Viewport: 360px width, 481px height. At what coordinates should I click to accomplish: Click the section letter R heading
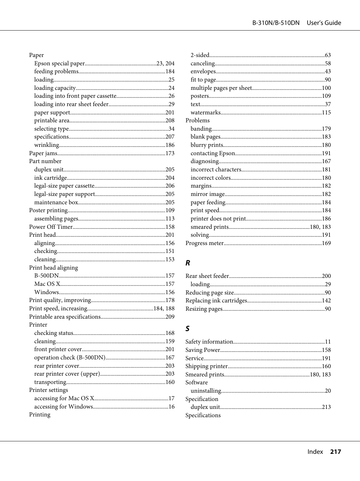click(188, 263)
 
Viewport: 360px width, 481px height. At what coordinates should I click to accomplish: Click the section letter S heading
click(188, 329)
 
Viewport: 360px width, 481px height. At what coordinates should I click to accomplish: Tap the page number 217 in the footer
click(335, 452)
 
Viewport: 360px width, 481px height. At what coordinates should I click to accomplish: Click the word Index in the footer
click(315, 452)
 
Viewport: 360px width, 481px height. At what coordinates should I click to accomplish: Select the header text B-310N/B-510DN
click(275, 23)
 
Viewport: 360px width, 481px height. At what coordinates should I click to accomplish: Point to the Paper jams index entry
click(43, 153)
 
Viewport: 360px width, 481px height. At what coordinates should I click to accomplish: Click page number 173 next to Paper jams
click(170, 153)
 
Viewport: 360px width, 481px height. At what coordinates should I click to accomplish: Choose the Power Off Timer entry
click(51, 227)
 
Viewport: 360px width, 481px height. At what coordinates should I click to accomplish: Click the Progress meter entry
click(205, 243)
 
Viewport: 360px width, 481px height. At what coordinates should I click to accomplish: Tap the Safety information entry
click(209, 342)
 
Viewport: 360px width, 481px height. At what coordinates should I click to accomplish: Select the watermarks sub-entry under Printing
click(206, 113)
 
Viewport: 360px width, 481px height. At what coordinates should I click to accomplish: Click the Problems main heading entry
click(197, 120)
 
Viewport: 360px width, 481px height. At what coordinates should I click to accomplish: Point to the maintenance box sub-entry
click(56, 202)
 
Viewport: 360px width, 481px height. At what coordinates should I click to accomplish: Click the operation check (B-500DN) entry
click(70, 358)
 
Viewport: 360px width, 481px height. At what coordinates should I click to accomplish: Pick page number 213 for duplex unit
click(326, 407)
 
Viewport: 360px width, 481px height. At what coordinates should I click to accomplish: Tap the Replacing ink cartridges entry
click(216, 301)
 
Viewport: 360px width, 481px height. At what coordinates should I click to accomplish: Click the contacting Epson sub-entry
click(213, 153)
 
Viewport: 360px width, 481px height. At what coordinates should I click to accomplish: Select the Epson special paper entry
click(60, 63)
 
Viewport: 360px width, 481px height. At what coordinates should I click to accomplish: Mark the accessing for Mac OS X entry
click(64, 398)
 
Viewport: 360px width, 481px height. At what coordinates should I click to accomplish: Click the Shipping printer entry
click(206, 366)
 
